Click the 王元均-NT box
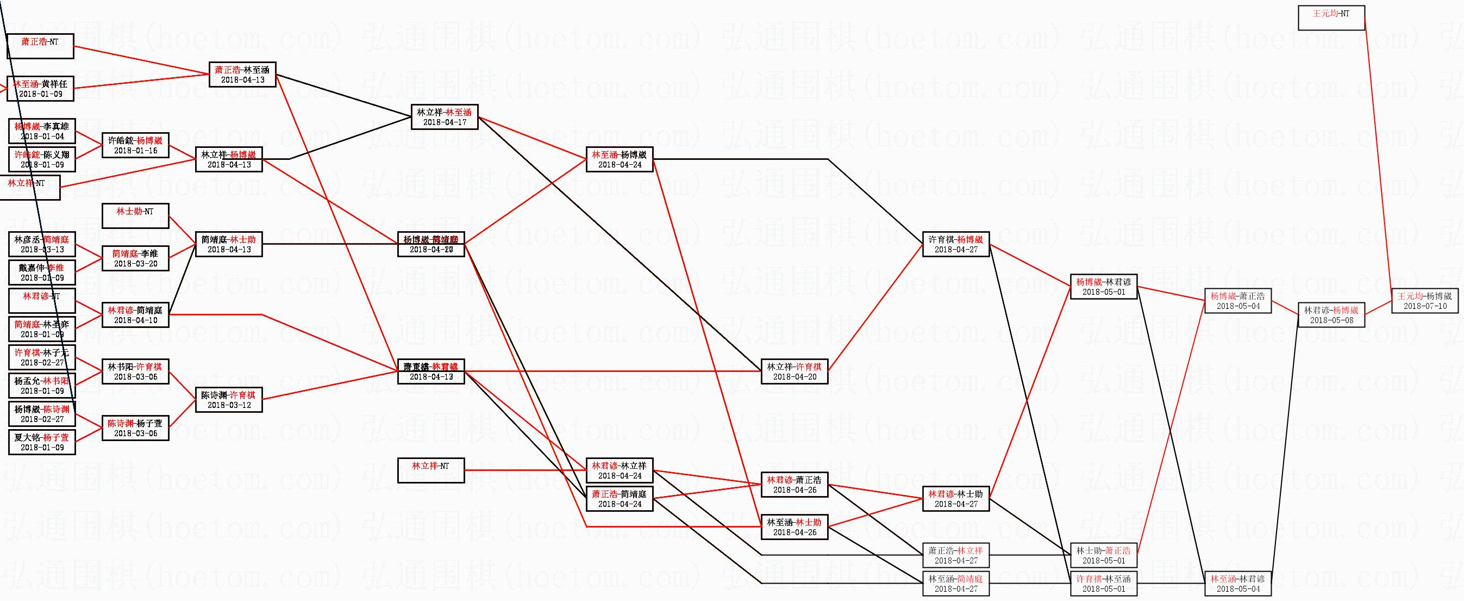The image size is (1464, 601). coord(1331,17)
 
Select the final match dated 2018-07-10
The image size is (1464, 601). coord(1425,301)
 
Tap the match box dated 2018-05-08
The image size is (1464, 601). coord(1331,315)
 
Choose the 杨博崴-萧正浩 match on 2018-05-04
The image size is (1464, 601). coord(1238,301)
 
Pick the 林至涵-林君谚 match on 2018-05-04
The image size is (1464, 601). coord(1238,584)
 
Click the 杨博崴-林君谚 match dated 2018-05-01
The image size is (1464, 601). coord(1104,287)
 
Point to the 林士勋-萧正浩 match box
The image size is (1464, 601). coord(1104,555)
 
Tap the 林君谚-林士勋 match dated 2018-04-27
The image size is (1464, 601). coord(955,499)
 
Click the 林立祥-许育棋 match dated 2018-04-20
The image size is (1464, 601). coord(794,371)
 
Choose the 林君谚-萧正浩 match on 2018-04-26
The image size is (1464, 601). coord(794,485)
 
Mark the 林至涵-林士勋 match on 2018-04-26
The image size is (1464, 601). coord(794,527)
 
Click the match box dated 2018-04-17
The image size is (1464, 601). coord(445,117)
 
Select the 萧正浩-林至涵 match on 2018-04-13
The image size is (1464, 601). coord(243,75)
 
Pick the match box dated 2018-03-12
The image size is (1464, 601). coord(228,400)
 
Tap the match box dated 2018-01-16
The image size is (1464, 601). coord(135,146)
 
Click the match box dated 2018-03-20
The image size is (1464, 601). coord(135,259)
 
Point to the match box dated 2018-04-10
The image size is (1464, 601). coord(135,315)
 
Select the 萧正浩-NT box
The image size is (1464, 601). coord(40,46)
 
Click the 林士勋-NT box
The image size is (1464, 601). coord(135,216)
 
